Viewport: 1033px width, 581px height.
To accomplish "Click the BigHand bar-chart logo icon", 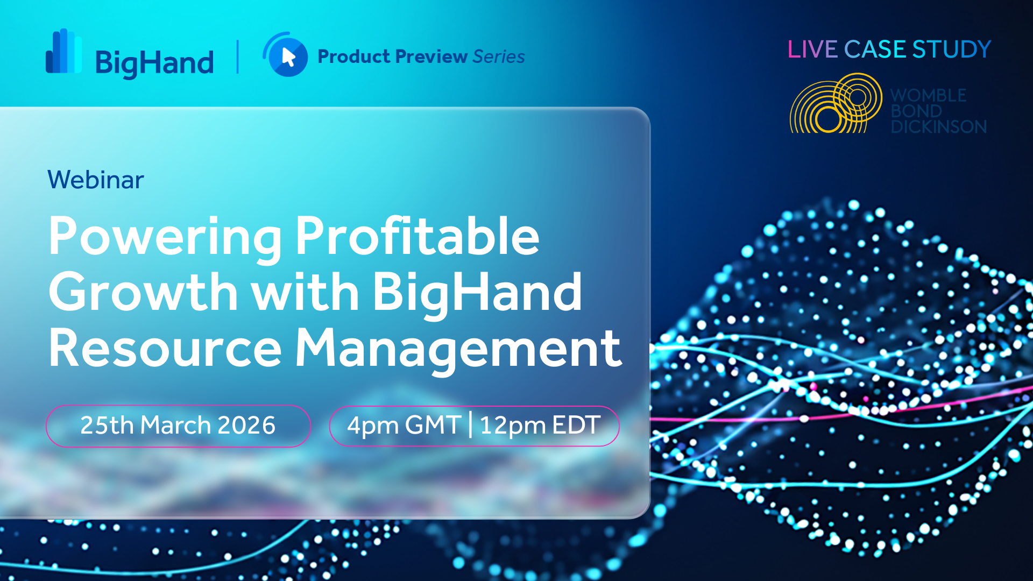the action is coord(63,51).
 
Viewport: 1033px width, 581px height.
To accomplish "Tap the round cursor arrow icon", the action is coord(286,55).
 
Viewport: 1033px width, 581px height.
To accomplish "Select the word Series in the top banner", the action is coord(499,56).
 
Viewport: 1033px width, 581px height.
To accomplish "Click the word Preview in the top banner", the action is coord(431,56).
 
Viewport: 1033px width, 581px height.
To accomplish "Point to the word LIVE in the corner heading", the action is coord(812,49).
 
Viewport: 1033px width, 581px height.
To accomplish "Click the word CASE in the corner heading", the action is coord(875,49).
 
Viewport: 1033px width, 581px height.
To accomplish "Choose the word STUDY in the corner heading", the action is coord(952,49).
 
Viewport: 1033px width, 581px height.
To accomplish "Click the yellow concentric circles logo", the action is coord(836,103).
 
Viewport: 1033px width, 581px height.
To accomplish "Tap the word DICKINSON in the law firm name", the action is coord(939,127).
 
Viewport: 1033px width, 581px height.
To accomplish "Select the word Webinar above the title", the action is coord(96,180).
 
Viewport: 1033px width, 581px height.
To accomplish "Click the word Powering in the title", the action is coord(165,237).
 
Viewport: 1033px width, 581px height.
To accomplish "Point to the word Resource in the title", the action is coord(165,349).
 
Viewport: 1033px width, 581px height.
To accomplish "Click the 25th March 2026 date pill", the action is coord(179,426).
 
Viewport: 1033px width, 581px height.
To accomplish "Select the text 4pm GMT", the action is coord(404,426).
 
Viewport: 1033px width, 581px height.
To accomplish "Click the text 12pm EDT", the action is coord(540,426).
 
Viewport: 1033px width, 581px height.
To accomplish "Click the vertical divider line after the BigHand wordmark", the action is coord(238,56).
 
